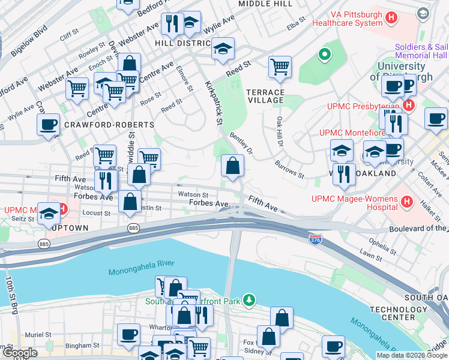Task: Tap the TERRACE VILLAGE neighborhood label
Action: (265, 96)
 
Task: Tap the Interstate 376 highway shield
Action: (315, 239)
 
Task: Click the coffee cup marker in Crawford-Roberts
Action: (48, 125)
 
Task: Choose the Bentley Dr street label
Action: (241, 143)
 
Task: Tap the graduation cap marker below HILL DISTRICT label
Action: (223, 49)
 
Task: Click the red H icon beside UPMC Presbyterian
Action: (409, 106)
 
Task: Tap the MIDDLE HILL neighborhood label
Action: (265, 4)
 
